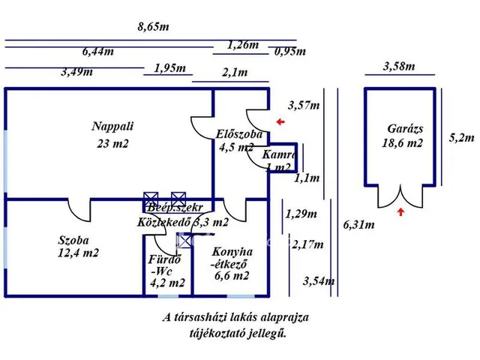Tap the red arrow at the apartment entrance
click(280, 121)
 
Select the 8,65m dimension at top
click(153, 27)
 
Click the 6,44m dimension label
click(98, 52)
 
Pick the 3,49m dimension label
click(77, 72)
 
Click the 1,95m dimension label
click(169, 68)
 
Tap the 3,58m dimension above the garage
click(398, 66)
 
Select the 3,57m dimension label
click(304, 105)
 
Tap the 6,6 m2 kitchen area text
click(232, 276)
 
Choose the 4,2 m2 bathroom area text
click(167, 283)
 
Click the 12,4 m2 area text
click(78, 253)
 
